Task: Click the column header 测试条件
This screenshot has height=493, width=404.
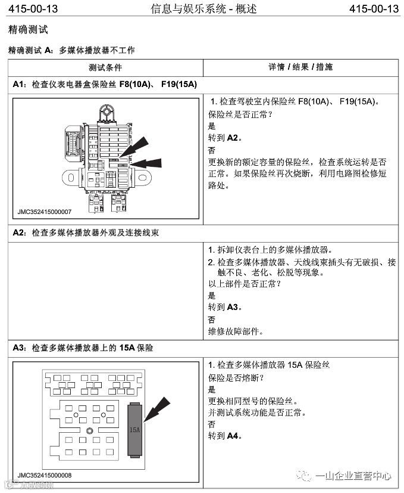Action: (105, 67)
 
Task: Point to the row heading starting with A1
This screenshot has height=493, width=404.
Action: (105, 84)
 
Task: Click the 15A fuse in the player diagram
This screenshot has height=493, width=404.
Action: (135, 429)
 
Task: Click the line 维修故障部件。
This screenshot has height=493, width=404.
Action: (236, 331)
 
